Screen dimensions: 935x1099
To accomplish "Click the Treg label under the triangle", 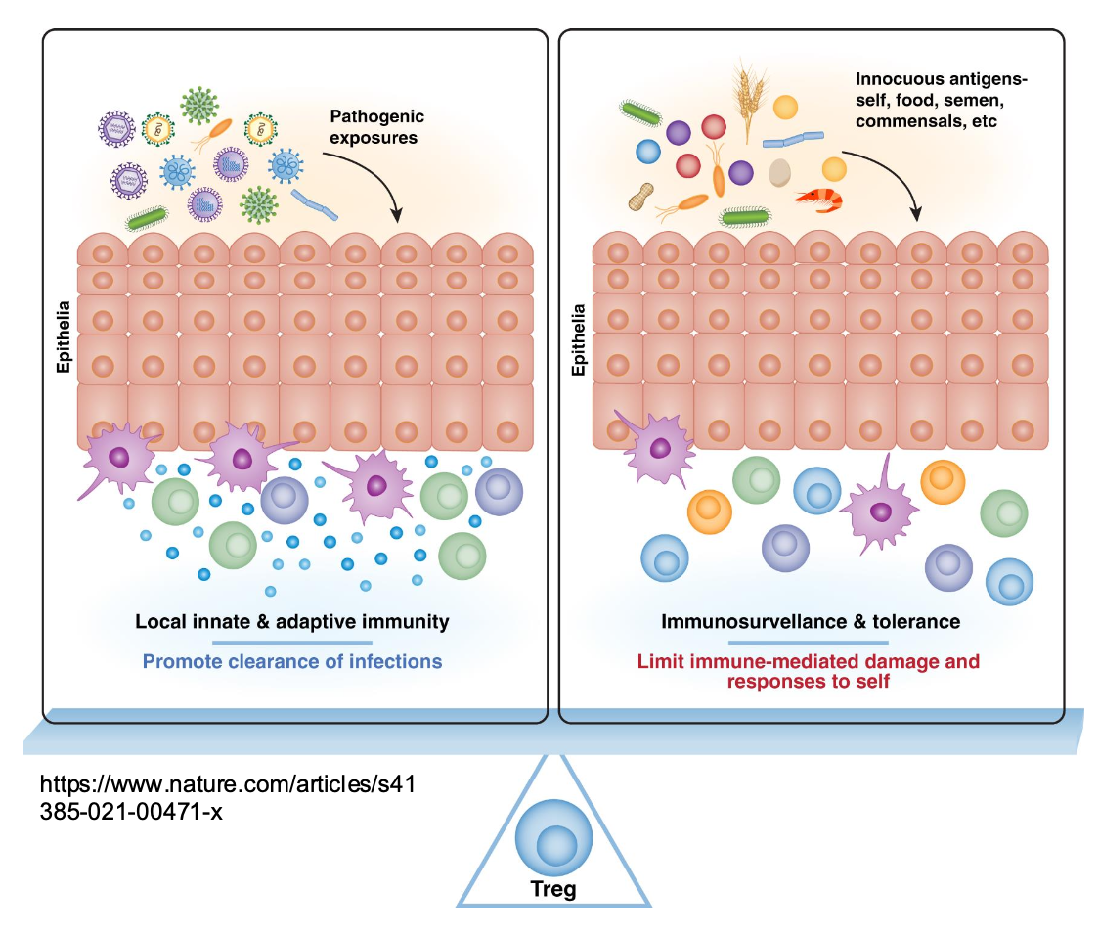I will (552, 890).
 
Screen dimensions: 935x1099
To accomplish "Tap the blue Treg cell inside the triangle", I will (552, 835).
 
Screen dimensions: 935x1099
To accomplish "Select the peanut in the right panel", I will (641, 197).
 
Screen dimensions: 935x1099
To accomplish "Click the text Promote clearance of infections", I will (292, 661).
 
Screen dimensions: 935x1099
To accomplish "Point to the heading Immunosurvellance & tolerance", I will (811, 621).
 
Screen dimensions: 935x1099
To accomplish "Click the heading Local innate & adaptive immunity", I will (292, 621).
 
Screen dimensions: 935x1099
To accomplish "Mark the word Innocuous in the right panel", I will (901, 78).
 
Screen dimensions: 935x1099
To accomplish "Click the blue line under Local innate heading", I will (292, 642).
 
